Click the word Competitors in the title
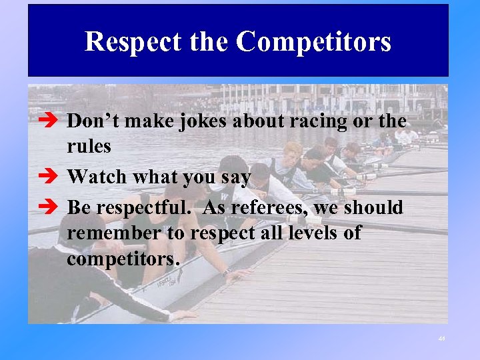[313, 41]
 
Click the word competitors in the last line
[123, 259]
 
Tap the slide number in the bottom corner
[442, 339]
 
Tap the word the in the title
[209, 41]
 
